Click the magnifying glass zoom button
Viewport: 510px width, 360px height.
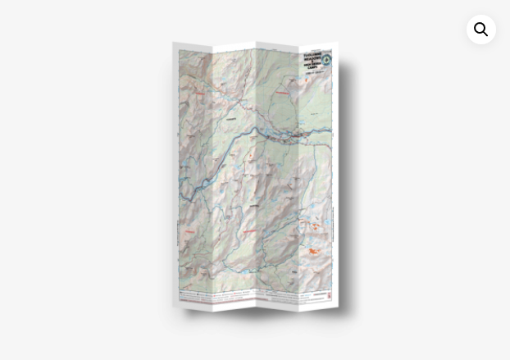(481, 30)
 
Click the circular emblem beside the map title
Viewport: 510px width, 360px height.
(327, 59)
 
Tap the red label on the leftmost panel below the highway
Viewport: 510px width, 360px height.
(189, 232)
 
